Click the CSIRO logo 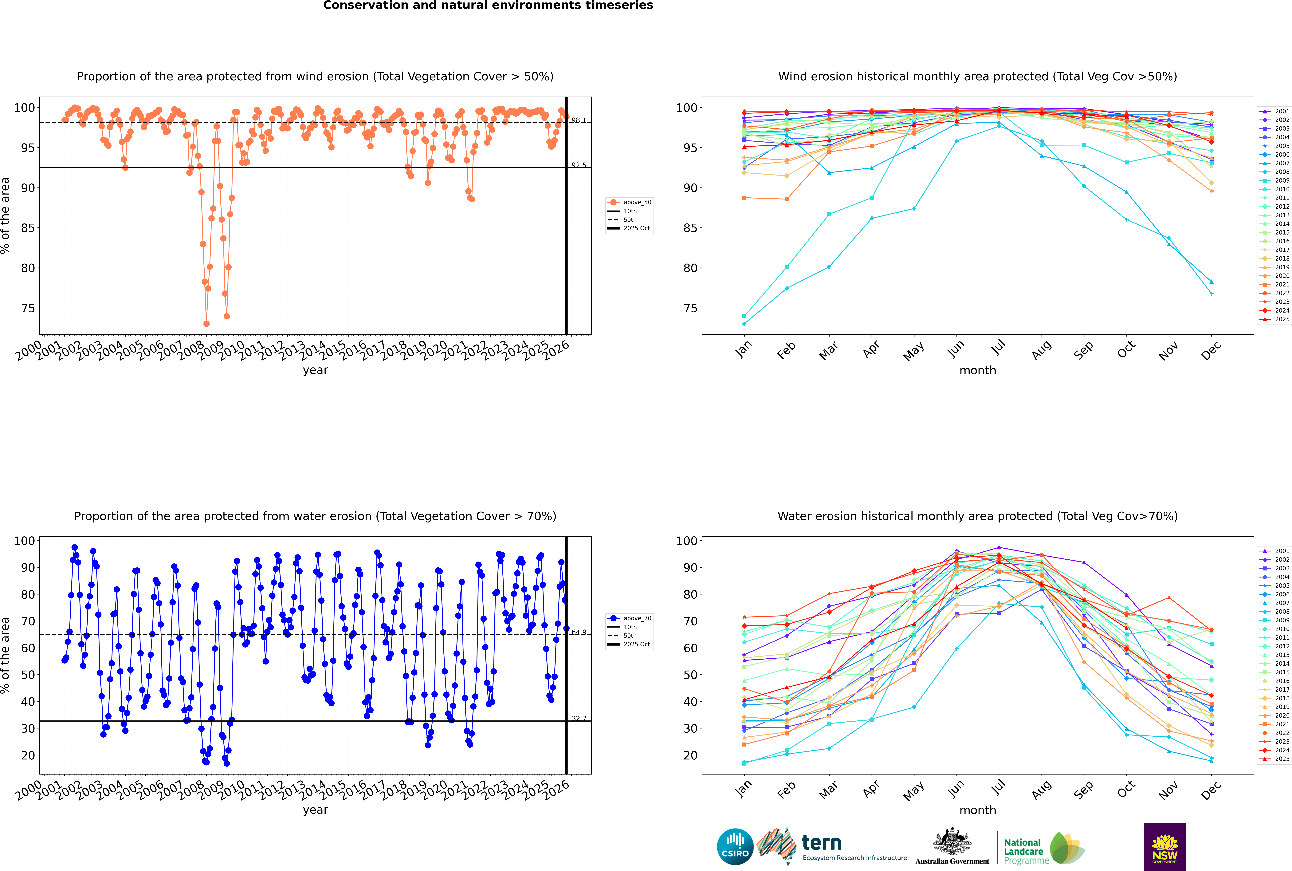tap(735, 847)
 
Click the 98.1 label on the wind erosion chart tap(578, 120)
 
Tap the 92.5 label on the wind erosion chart tap(578, 165)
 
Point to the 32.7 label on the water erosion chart tap(578, 718)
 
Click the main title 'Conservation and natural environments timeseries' tap(488, 6)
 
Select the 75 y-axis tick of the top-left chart tap(28, 308)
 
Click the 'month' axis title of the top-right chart tap(978, 371)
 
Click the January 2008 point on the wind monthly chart tap(744, 323)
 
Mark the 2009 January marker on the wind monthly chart tap(744, 316)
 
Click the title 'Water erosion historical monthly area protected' tap(978, 516)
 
